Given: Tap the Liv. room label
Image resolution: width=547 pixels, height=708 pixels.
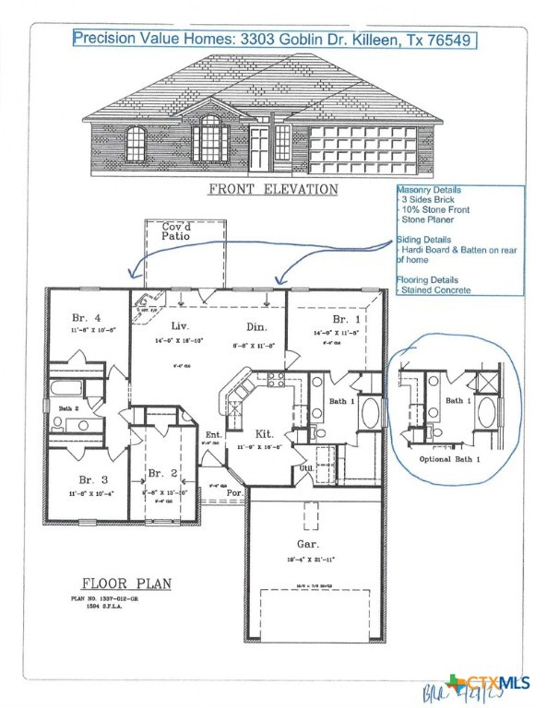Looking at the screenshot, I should click(x=181, y=326).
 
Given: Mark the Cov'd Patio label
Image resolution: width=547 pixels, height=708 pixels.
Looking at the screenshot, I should click(x=179, y=232).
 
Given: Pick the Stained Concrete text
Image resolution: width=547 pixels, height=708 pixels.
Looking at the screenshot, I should click(x=435, y=290).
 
